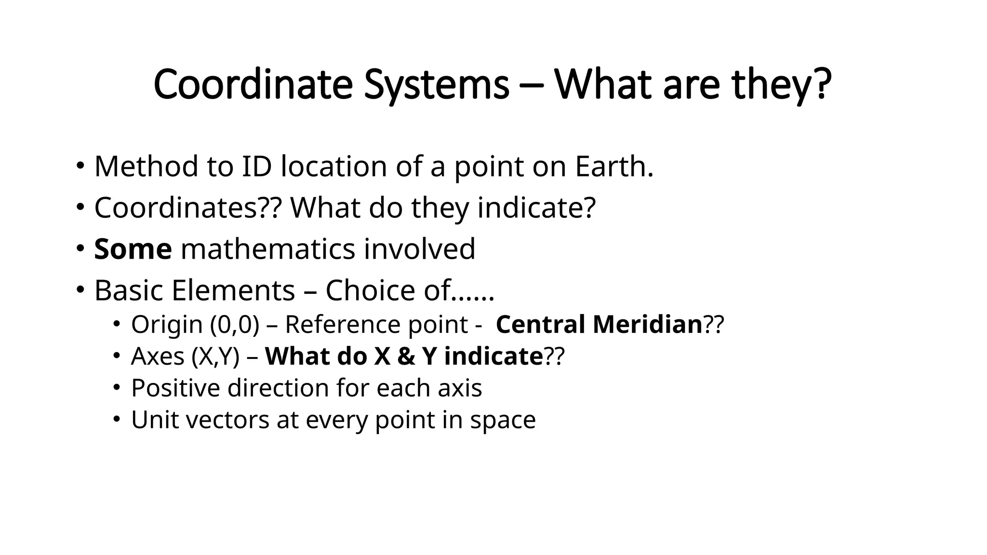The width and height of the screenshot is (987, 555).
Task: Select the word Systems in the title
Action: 437,85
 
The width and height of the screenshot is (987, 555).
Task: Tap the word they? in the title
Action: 781,85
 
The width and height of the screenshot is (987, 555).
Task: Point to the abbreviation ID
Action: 256,166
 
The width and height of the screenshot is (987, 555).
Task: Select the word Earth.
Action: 614,166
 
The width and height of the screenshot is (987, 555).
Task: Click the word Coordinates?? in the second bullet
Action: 187,208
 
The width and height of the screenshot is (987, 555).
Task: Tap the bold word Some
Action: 133,249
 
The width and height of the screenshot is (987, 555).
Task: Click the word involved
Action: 419,249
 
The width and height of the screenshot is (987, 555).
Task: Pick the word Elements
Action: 233,291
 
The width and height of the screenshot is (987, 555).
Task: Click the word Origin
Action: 167,324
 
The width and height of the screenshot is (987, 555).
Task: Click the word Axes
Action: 158,357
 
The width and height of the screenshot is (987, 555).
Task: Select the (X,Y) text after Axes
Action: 215,357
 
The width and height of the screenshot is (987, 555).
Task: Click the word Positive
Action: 175,388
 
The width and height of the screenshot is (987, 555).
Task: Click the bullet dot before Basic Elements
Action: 80,290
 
